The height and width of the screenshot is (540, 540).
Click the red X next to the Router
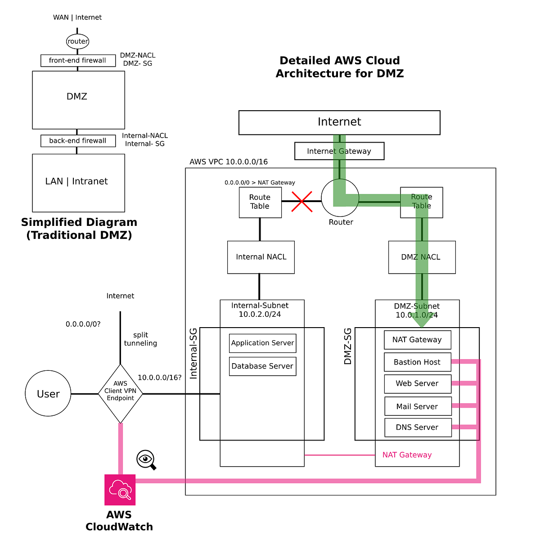(x=302, y=201)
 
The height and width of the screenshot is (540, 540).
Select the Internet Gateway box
(x=339, y=151)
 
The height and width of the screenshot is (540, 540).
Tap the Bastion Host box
(x=417, y=362)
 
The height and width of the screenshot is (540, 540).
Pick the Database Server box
(x=262, y=366)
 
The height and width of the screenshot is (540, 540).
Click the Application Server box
(x=262, y=343)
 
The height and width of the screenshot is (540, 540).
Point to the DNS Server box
(x=418, y=427)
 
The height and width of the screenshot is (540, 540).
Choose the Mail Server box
(x=418, y=406)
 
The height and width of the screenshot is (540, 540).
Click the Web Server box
(x=417, y=383)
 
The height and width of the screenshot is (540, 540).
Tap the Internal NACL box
(x=261, y=257)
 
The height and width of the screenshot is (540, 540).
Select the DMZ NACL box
(x=422, y=257)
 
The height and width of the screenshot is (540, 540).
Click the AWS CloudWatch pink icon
(x=120, y=490)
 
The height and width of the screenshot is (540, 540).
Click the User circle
(x=48, y=394)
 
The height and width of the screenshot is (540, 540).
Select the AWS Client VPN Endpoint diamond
(x=120, y=394)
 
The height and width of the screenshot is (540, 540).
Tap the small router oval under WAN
(x=77, y=41)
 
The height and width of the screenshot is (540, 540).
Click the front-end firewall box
(x=77, y=60)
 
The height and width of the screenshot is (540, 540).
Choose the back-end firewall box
(x=77, y=141)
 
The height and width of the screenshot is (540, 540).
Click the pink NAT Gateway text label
(x=407, y=455)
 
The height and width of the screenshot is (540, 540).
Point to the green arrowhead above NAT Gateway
(x=422, y=321)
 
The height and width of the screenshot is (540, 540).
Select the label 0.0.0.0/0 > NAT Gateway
(x=260, y=183)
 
